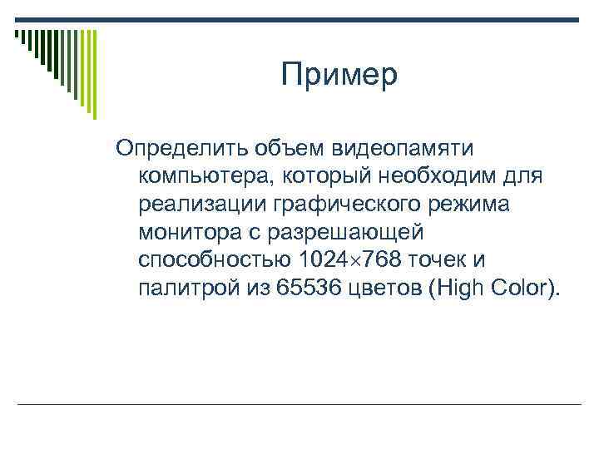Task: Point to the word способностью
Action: click(215, 261)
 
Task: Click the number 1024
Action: click(325, 261)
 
